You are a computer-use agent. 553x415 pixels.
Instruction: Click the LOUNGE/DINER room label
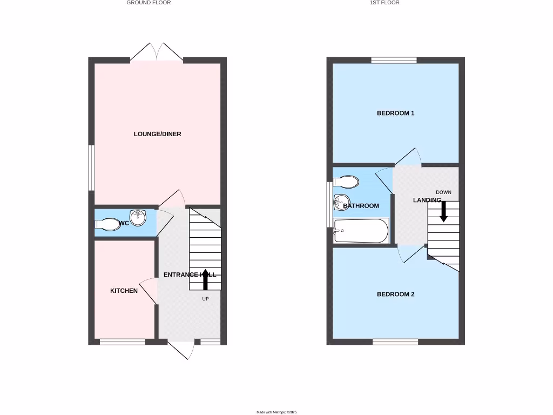pos(157,134)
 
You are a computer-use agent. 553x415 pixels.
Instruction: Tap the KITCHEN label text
pos(124,291)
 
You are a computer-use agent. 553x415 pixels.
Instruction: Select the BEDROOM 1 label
pos(395,113)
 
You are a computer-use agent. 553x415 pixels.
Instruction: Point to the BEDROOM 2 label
pos(395,294)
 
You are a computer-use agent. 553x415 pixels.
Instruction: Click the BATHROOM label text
pos(361,206)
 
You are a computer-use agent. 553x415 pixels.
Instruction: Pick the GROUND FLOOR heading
pos(149,3)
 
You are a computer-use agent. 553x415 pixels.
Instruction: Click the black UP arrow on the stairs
pos(205,279)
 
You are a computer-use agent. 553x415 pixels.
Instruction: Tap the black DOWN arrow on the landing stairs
pos(443,211)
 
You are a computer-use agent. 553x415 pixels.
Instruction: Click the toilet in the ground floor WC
pos(107,224)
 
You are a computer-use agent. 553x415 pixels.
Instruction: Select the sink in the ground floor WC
pos(138,219)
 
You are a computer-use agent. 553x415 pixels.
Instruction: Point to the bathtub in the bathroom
pos(361,231)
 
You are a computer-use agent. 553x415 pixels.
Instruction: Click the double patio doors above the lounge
pos(157,53)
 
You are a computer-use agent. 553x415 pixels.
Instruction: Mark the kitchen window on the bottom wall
pos(123,342)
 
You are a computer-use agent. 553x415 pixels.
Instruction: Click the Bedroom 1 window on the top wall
pos(394,60)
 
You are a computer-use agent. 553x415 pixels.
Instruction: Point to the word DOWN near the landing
pos(443,192)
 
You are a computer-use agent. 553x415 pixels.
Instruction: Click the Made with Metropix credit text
pos(276,412)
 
